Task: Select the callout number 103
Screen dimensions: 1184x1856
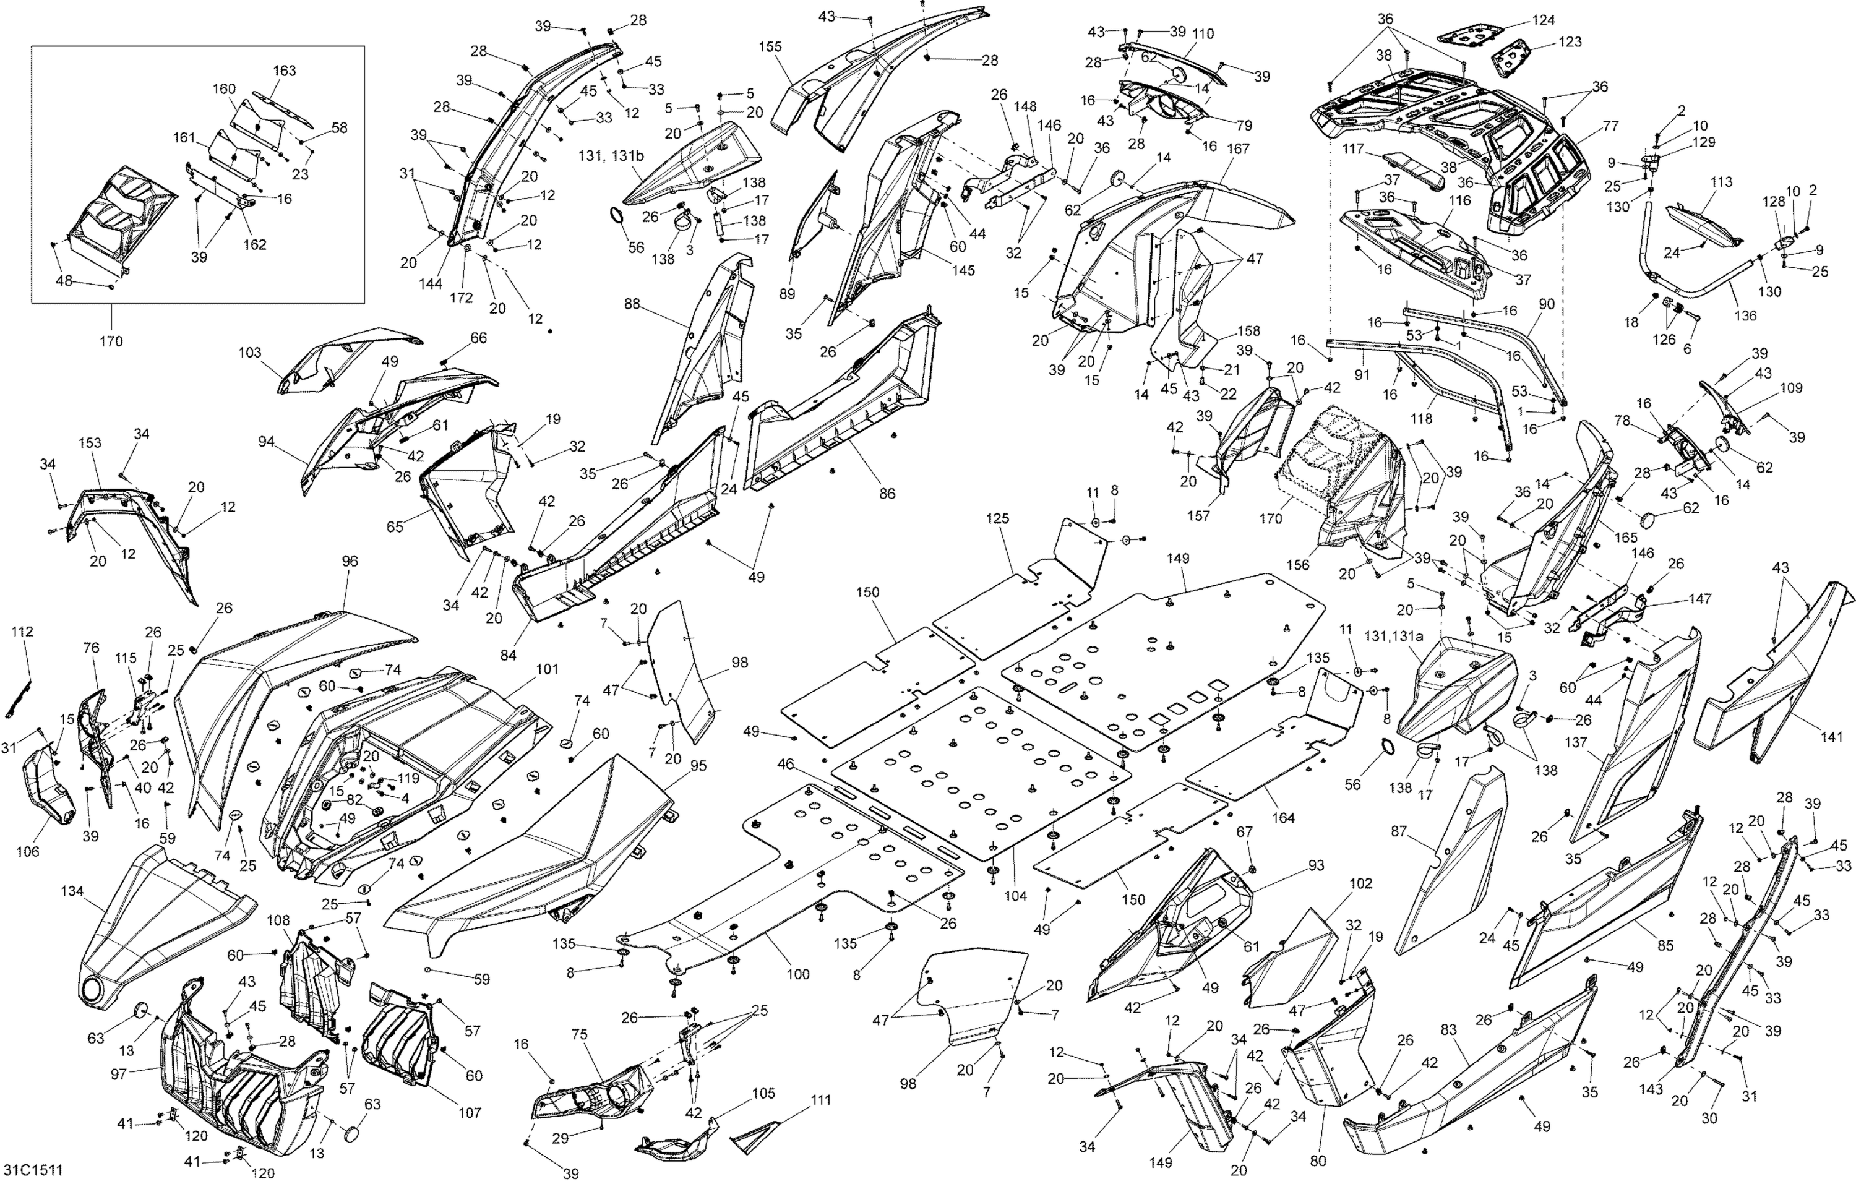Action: click(250, 352)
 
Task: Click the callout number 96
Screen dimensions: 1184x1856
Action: click(350, 561)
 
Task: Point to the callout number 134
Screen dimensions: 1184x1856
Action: click(72, 891)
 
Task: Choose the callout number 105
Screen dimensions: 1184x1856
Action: click(764, 1094)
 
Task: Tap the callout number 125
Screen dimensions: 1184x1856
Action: click(997, 519)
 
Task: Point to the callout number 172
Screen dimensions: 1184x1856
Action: click(461, 298)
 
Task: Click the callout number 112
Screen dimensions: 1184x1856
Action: click(22, 632)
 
